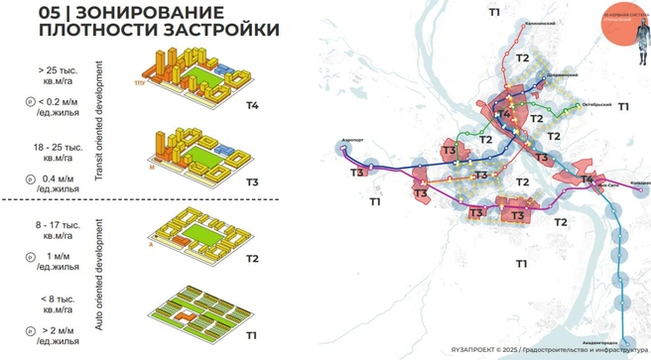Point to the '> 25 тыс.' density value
click(x=61, y=71)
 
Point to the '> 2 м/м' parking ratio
click(x=62, y=329)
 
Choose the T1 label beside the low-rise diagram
click(x=250, y=335)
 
